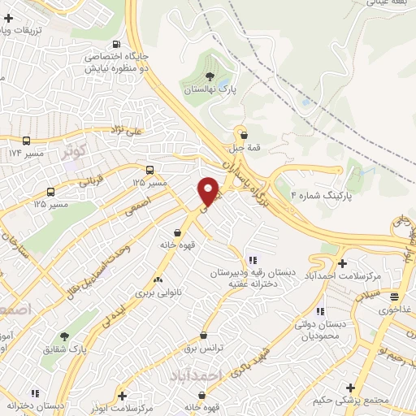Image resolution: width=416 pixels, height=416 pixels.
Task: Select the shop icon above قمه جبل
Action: pos(242,134)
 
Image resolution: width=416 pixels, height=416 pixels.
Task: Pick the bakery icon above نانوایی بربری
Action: pos(159,280)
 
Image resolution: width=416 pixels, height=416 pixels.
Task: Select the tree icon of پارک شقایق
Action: pos(64,336)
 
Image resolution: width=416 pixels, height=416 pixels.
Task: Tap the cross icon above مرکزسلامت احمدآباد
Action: pos(344,264)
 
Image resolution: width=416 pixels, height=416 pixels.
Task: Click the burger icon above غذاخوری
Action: pos(394,297)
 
